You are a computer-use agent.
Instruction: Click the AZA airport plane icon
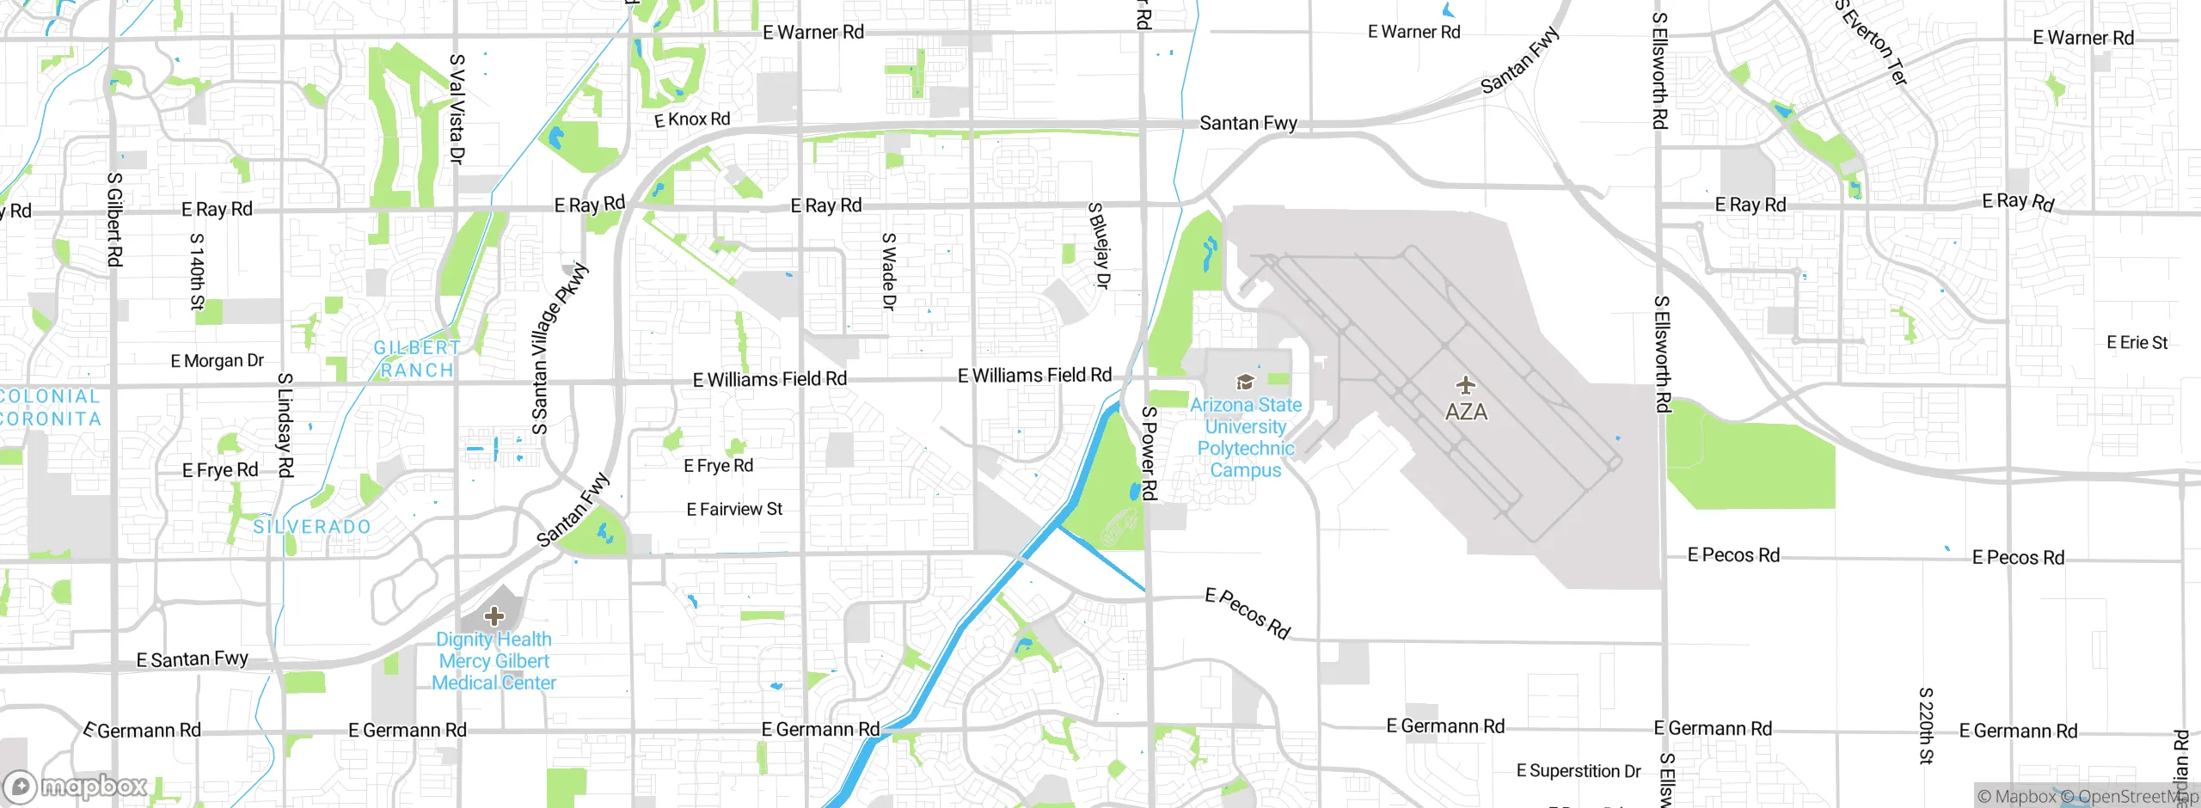[1465, 384]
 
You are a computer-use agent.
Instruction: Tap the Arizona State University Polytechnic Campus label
[1245, 438]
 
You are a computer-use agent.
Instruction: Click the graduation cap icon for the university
[1244, 382]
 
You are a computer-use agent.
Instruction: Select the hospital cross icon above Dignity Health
[494, 615]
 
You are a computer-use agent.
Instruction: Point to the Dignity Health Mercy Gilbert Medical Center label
[494, 661]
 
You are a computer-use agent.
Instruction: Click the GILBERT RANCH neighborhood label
[417, 359]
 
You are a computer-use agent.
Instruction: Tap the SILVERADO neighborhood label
[312, 527]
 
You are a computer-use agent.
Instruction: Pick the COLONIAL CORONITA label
[50, 407]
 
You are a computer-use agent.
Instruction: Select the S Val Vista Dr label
[457, 109]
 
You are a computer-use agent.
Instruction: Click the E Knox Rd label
[692, 119]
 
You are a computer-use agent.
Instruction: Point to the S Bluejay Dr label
[1100, 245]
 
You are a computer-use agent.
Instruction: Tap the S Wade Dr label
[889, 272]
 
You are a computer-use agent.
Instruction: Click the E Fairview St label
[734, 510]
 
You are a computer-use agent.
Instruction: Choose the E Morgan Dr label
[217, 361]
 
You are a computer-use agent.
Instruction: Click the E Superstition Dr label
[1579, 771]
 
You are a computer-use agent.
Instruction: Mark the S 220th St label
[1926, 725]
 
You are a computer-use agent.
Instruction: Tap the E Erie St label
[2137, 343]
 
